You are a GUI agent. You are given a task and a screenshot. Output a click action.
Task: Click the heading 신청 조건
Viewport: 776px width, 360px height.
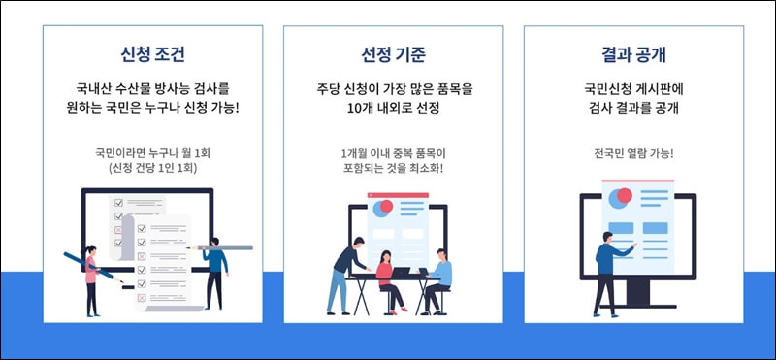153,52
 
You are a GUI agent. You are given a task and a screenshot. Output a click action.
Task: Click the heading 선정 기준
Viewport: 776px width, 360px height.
393,52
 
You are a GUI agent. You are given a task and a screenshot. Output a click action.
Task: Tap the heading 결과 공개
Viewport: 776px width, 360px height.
633,52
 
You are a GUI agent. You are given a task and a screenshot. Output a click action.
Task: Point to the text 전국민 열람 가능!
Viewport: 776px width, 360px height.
633,152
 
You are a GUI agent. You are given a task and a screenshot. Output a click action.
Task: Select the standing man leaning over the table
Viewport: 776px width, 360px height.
345,271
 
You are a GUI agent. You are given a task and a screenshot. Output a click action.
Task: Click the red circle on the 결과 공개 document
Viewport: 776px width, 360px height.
624,196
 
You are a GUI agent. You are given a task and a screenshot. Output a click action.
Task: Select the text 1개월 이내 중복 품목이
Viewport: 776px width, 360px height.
393,152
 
